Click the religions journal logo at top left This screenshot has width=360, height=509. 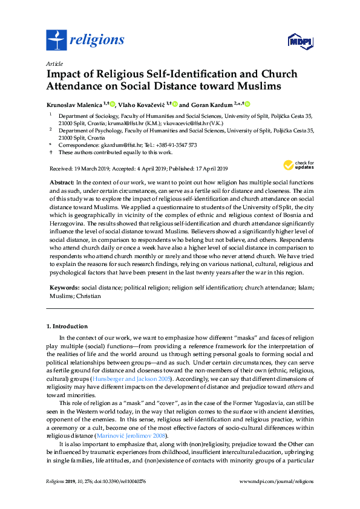(x=85, y=40)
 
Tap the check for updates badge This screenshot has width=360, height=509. (x=299, y=164)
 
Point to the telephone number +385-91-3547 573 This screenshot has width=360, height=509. (x=175, y=146)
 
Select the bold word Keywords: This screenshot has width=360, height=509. (x=62, y=290)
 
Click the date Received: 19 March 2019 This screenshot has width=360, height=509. (x=79, y=168)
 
